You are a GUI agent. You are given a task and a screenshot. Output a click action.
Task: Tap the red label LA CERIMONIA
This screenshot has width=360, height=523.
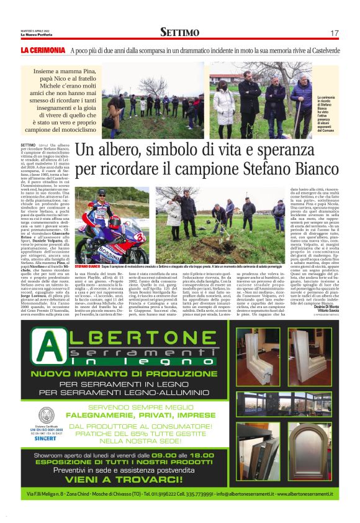click(x=42, y=50)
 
